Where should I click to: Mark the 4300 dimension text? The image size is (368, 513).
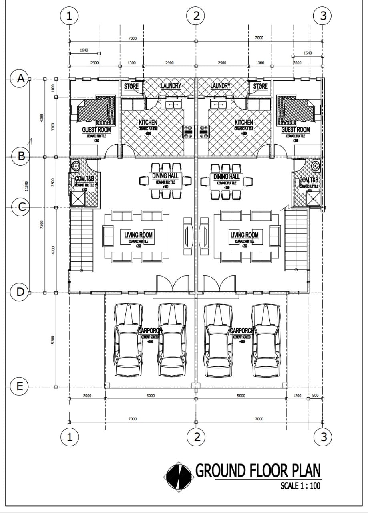click(x=41, y=118)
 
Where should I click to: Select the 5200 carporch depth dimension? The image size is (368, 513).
click(x=52, y=340)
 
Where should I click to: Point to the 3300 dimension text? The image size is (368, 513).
click(x=52, y=126)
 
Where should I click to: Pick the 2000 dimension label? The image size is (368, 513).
click(x=87, y=396)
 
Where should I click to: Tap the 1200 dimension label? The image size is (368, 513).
click(x=297, y=396)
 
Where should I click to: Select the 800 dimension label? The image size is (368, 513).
click(x=315, y=396)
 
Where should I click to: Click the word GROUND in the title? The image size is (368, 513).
click(x=221, y=471)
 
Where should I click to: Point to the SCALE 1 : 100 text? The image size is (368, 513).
click(x=300, y=486)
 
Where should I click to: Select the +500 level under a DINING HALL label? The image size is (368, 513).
click(x=165, y=187)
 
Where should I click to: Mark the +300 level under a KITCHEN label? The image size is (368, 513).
click(x=244, y=133)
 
